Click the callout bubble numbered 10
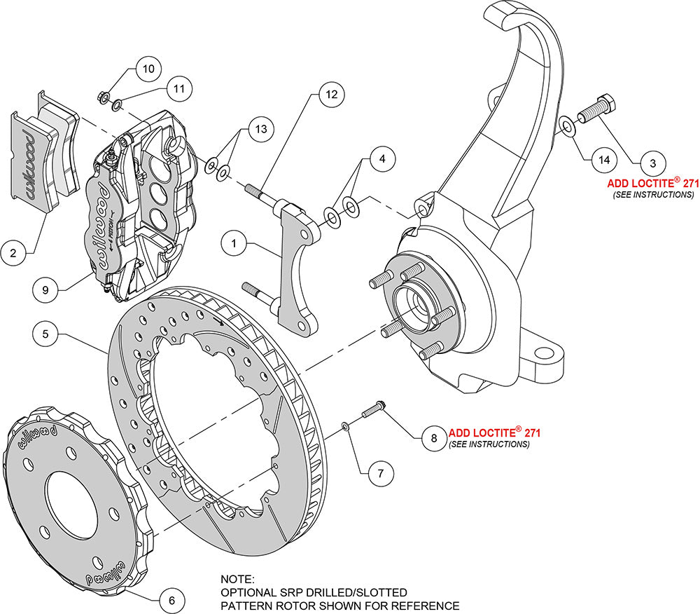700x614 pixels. tap(148, 69)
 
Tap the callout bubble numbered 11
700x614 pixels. tap(179, 89)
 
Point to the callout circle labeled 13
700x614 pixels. tap(260, 129)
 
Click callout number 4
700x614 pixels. tap(381, 159)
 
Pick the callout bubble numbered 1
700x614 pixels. tap(235, 244)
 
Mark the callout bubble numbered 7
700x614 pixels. tap(380, 473)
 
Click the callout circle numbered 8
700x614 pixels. tap(433, 438)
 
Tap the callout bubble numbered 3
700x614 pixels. tap(652, 163)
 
